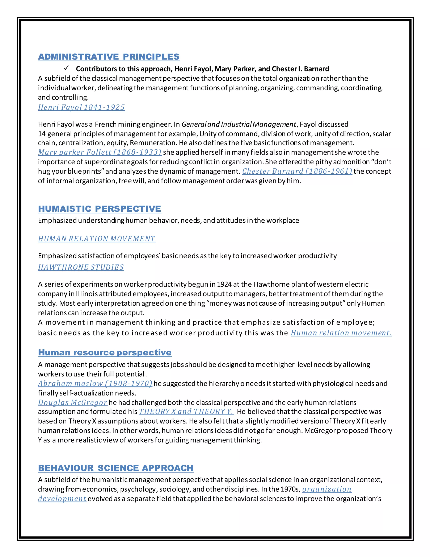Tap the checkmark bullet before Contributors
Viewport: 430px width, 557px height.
coord(67,68)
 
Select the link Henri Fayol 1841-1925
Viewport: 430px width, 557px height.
coord(81,107)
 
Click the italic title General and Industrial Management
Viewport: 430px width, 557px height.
coord(239,124)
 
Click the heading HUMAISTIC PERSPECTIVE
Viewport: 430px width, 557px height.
coord(99,209)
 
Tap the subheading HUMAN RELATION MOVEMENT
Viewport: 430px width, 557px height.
coord(97,239)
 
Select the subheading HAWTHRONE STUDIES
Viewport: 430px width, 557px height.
coord(81,267)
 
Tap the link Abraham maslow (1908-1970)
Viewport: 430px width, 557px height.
coord(95,384)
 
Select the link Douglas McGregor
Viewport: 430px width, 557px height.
coord(73,403)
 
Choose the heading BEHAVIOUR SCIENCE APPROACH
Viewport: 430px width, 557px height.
coord(116,468)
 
